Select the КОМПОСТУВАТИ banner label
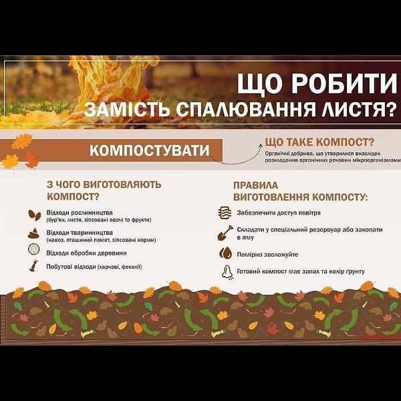[149, 150]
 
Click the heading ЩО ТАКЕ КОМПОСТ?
[319, 142]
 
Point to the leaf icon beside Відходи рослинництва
[34, 215]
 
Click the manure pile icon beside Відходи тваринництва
[34, 234]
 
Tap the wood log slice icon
[34, 249]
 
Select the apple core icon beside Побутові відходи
[34, 266]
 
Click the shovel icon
[225, 233]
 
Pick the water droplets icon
[226, 253]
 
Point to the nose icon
[227, 272]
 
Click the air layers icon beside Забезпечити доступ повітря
[225, 213]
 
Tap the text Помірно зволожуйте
[267, 255]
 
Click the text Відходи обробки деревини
[86, 253]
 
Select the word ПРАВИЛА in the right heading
[255, 185]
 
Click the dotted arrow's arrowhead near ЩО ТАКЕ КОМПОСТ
[261, 146]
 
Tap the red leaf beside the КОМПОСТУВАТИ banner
[32, 160]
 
